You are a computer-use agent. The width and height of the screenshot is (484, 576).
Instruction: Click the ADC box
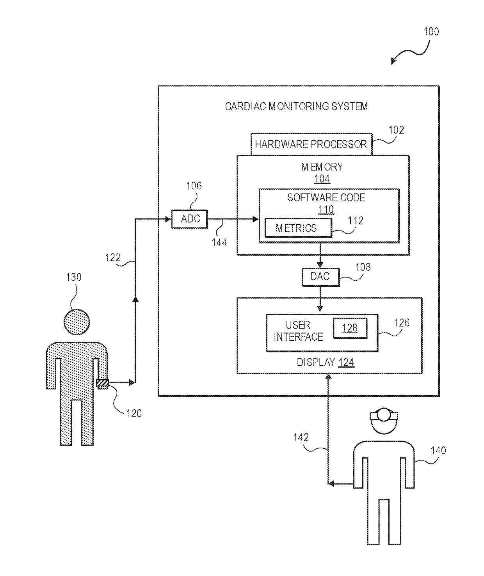pos(190,219)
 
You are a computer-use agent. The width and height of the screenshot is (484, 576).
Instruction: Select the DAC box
pos(320,277)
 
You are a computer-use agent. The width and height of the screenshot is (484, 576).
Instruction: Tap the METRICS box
pos(298,228)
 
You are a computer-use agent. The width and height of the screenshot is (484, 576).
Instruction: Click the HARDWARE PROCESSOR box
pos(311,144)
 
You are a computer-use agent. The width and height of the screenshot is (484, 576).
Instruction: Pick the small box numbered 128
pos(350,328)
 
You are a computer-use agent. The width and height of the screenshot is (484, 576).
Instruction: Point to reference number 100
pos(431,32)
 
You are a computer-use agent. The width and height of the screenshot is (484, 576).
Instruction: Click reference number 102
pos(396,130)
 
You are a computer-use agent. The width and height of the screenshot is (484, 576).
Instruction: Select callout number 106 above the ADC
pos(194,186)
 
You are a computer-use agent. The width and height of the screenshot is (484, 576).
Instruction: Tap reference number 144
pos(219,243)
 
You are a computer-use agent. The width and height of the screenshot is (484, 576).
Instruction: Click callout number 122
pos(113,258)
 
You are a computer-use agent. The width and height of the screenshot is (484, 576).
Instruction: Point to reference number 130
pos(74,277)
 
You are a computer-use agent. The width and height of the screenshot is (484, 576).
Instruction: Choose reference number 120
pos(134,414)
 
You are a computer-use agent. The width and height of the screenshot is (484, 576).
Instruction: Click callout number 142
pos(301,437)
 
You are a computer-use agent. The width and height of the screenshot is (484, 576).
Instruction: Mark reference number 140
pos(438,451)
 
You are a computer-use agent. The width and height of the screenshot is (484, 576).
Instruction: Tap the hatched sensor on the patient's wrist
pos(102,384)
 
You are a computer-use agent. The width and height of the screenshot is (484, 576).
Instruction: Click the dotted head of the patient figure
pos(77,322)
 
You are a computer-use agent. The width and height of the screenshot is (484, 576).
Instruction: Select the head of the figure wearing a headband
pos(384,420)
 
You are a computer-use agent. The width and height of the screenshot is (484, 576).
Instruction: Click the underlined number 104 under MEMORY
pos(322,179)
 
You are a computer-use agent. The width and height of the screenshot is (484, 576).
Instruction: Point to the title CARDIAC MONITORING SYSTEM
pos(296,107)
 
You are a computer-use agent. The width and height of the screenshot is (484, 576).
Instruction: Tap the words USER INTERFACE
pos(298,331)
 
